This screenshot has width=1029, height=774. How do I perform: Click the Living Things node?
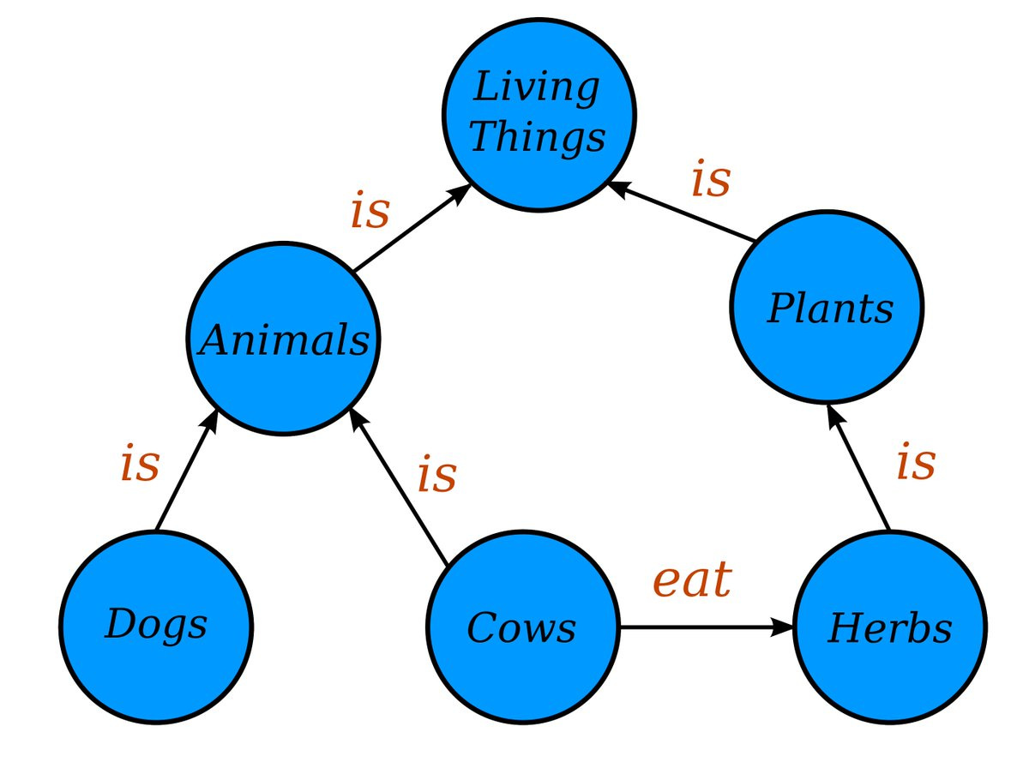pos(539,115)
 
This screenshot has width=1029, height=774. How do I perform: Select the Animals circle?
pos(283,339)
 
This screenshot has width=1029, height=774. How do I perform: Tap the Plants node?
pos(827,307)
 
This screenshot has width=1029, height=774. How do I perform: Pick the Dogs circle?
pos(156,627)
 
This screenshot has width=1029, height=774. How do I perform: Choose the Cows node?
pos(523,627)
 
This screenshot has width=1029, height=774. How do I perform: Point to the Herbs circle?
pos(890,627)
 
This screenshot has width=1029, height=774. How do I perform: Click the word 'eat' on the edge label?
pos(692,579)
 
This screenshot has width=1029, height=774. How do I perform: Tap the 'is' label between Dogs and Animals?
pos(140,463)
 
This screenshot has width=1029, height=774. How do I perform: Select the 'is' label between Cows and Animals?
pos(436,473)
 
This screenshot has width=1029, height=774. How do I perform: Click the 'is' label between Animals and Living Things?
pos(370,209)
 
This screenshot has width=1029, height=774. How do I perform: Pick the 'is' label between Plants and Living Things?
pos(711,177)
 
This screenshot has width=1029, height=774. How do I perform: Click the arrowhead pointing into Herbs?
pos(781,627)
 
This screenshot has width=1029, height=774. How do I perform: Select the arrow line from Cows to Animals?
pos(400,486)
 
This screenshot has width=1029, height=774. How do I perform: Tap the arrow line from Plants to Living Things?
pos(681,212)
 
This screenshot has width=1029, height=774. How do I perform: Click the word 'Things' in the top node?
pos(538,136)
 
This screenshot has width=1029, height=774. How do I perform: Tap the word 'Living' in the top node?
pos(536,87)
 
